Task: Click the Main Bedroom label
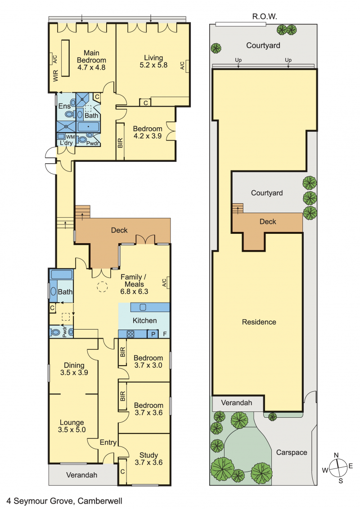[91, 60]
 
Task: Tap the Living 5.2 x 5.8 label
[153, 61]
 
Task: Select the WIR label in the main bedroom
[55, 76]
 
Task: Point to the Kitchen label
[144, 321]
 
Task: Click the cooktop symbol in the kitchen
[130, 334]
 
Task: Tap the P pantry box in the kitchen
[153, 334]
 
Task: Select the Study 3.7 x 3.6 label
[148, 459]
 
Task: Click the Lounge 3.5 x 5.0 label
[72, 426]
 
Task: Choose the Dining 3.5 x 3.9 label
[74, 369]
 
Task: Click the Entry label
[108, 442]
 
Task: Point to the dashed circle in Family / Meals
[102, 287]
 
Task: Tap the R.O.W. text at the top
[265, 17]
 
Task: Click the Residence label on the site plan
[259, 322]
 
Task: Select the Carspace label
[292, 452]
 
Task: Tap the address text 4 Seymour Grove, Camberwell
[64, 501]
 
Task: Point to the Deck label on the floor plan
[119, 230]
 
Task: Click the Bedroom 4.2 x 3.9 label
[148, 133]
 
